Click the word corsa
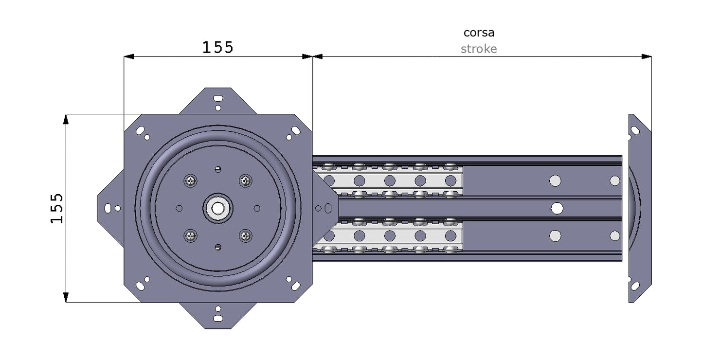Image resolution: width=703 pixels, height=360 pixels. click(x=479, y=33)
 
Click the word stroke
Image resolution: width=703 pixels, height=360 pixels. click(x=479, y=49)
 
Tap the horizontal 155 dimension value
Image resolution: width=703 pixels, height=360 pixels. click(x=218, y=47)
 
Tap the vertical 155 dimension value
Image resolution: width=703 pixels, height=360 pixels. click(x=57, y=208)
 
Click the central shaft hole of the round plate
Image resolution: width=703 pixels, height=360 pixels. click(x=218, y=208)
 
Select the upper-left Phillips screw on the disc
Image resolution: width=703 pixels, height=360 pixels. click(x=191, y=181)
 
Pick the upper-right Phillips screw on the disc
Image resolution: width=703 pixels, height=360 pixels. click(x=245, y=181)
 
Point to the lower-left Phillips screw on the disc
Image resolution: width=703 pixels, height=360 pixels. click(x=191, y=236)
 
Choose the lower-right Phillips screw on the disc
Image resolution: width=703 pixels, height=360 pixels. click(x=245, y=236)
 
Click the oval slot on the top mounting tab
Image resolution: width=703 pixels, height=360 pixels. click(x=218, y=98)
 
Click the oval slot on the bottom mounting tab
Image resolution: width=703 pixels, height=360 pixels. click(x=218, y=319)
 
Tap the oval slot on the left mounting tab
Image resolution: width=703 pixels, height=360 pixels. click(x=108, y=208)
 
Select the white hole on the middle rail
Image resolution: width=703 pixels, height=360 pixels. click(x=557, y=208)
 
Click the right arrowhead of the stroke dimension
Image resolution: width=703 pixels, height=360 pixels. click(x=647, y=56)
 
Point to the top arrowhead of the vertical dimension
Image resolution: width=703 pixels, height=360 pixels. click(x=66, y=119)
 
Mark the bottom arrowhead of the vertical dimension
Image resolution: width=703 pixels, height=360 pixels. click(x=66, y=298)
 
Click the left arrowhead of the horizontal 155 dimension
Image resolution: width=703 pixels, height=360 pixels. click(x=129, y=56)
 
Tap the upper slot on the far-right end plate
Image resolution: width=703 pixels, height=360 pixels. click(x=635, y=130)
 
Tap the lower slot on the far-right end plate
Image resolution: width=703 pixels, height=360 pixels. click(x=635, y=286)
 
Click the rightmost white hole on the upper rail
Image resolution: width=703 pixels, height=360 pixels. click(x=614, y=181)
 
